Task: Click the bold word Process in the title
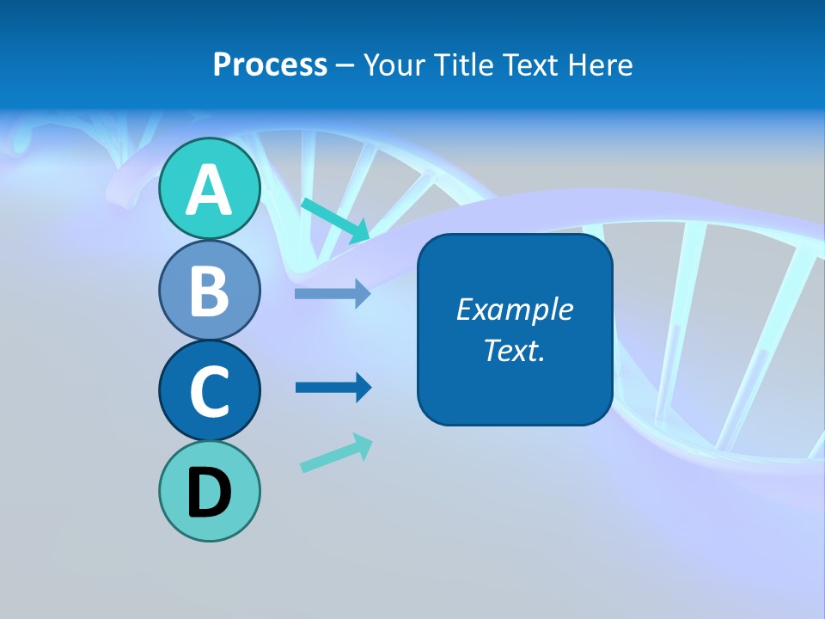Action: tap(270, 65)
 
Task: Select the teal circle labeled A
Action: tap(209, 189)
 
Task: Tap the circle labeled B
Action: tap(209, 291)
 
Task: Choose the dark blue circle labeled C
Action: tap(209, 391)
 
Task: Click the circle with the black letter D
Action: tap(209, 492)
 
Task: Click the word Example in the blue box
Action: tap(514, 309)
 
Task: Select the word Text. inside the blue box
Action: tap(514, 350)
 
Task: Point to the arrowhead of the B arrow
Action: tap(364, 294)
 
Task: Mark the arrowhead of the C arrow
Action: tap(364, 388)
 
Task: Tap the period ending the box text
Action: tap(542, 359)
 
